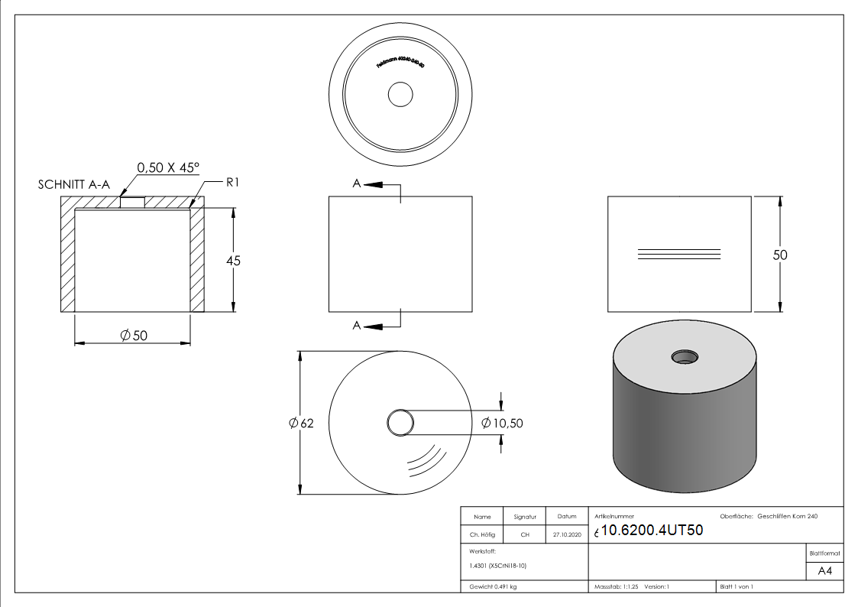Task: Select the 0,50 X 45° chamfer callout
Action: (167, 167)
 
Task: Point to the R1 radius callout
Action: (234, 183)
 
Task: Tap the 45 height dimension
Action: (233, 261)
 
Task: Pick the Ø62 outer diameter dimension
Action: (302, 424)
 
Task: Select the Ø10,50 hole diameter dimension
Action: (502, 423)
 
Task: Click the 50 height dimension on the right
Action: (779, 255)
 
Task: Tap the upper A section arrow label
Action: (356, 184)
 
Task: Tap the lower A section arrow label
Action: (356, 326)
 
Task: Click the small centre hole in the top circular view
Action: (400, 95)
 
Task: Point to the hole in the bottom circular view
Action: (400, 422)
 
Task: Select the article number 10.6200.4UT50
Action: (652, 531)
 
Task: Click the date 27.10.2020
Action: (566, 535)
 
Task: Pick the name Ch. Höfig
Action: (482, 535)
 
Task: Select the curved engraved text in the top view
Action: (400, 63)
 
